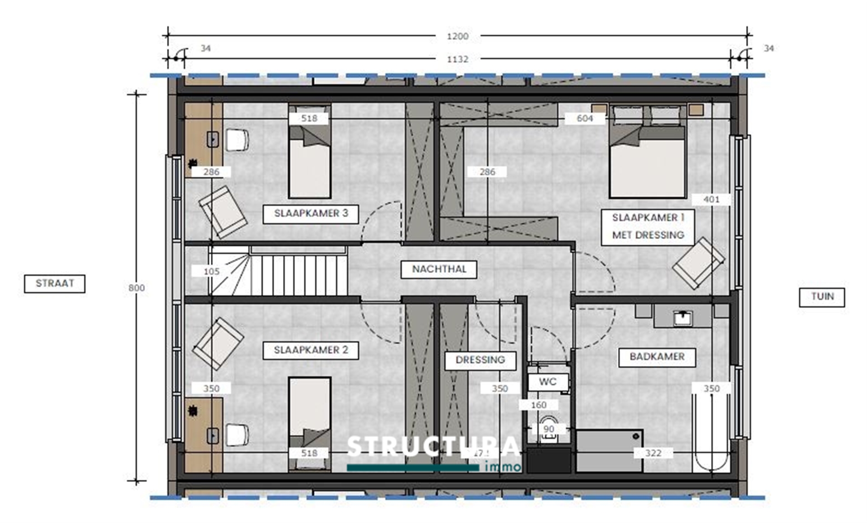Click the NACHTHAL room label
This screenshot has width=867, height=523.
(439, 269)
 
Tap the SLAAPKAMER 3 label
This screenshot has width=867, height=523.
(311, 214)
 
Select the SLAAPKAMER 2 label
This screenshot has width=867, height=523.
(311, 350)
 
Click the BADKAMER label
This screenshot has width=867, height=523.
(657, 357)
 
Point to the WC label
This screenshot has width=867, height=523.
(548, 382)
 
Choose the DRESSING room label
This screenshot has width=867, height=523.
(480, 360)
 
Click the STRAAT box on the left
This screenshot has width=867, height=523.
(55, 284)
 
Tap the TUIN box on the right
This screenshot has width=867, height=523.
(821, 297)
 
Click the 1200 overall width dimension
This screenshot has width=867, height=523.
(457, 37)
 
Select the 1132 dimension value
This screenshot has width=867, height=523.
(457, 60)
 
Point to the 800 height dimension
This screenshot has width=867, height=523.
(136, 288)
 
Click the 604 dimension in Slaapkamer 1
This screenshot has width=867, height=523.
(584, 119)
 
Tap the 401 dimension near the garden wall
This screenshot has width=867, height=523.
(711, 199)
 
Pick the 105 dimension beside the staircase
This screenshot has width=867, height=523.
(211, 272)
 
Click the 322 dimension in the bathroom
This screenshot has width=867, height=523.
(653, 453)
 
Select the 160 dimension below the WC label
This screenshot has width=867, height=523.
(538, 405)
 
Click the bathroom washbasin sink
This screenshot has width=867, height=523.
(682, 318)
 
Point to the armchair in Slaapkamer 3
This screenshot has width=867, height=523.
(223, 212)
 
